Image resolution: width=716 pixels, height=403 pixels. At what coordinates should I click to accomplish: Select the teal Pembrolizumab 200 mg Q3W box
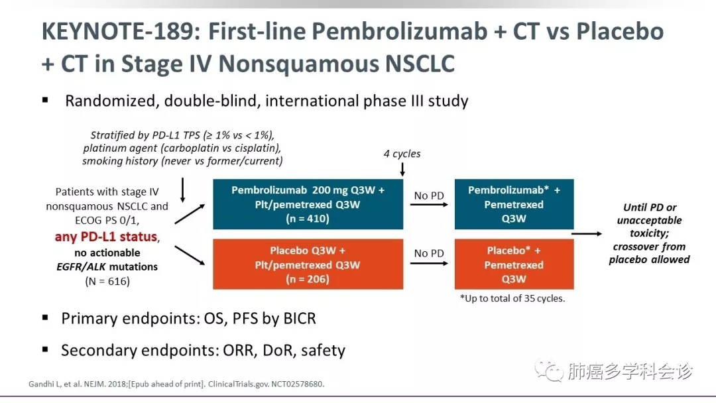point(308,204)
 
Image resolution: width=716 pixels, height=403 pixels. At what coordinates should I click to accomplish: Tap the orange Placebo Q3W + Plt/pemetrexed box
point(308,264)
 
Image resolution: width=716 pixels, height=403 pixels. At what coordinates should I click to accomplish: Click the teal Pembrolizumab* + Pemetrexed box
point(514,204)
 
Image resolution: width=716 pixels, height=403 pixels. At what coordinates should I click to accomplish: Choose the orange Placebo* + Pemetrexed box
point(514,264)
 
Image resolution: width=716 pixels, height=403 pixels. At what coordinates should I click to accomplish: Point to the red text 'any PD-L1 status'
point(106,237)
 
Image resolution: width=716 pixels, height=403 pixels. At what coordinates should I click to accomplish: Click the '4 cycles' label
point(402,154)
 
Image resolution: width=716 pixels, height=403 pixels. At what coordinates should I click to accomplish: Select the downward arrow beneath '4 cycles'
point(402,170)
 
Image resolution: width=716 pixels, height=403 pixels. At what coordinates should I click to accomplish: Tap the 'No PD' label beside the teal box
point(429,196)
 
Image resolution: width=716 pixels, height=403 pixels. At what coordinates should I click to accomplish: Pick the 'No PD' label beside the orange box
point(429,253)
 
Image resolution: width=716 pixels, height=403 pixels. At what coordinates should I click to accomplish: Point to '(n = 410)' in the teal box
point(308,219)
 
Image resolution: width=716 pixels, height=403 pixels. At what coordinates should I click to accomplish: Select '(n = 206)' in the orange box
point(308,279)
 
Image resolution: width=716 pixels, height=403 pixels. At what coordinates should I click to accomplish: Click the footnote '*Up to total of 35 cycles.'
point(512,298)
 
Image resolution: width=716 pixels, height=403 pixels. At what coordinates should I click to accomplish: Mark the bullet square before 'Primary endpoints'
point(45,317)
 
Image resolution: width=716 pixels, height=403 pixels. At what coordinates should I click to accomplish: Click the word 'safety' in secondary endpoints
point(323,350)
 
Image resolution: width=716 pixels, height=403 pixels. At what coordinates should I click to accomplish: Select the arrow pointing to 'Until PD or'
point(586,233)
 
